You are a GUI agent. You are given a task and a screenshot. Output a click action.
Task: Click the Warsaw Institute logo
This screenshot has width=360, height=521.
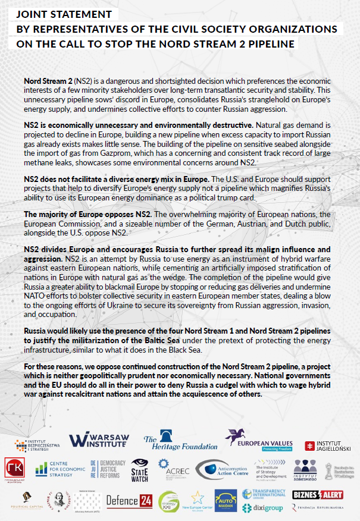click(x=99, y=440)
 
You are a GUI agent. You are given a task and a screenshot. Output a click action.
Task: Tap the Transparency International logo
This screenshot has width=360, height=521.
click(x=265, y=494)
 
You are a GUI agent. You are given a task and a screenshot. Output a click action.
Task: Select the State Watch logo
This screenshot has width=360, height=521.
click(x=140, y=468)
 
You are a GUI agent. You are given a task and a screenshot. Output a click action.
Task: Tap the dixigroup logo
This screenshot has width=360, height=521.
click(x=265, y=509)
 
